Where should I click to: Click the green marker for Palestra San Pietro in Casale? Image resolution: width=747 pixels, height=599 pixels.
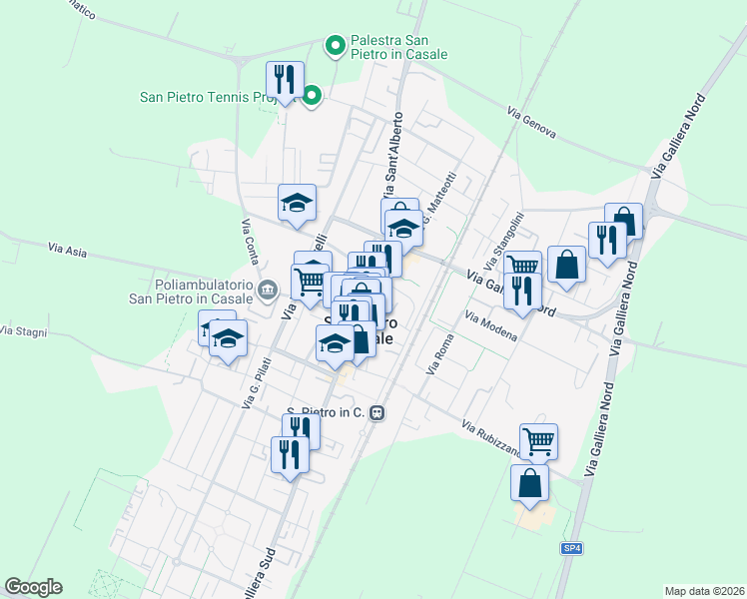(336, 44)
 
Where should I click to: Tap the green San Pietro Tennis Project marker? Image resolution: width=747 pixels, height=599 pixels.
(312, 96)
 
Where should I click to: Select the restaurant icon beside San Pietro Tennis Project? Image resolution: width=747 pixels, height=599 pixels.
(285, 79)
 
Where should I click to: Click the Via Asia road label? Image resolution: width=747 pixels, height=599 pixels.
(67, 249)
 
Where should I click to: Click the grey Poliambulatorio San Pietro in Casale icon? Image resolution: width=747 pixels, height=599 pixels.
(267, 291)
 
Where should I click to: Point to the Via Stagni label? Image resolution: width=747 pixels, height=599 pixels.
(24, 329)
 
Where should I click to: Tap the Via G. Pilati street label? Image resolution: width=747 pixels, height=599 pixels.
(257, 383)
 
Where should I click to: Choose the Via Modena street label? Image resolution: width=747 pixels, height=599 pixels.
(489, 325)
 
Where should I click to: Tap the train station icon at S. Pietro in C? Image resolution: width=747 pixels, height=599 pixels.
(376, 412)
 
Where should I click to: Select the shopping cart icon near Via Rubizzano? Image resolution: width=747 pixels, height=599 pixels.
(538, 439)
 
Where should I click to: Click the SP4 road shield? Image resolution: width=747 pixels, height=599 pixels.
(567, 549)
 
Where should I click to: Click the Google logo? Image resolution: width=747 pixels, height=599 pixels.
(33, 587)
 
